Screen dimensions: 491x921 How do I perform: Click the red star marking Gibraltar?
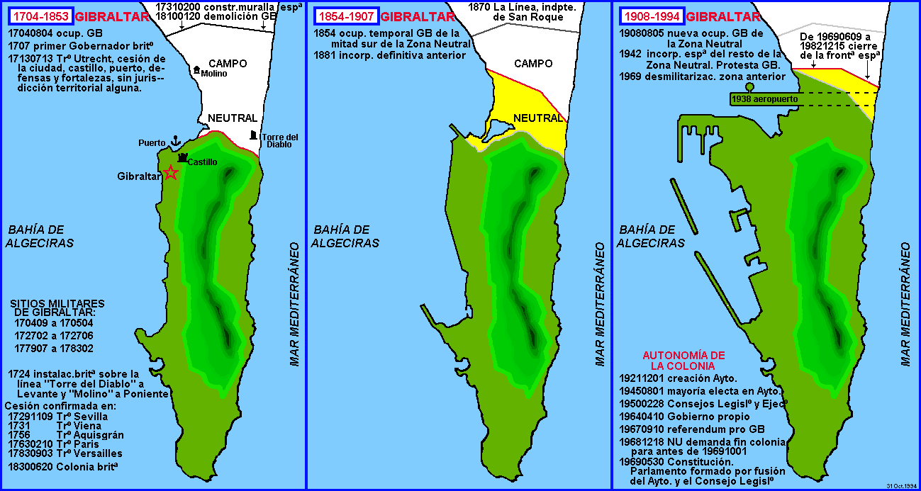point(171,172)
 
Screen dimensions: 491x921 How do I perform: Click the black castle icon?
point(183,157)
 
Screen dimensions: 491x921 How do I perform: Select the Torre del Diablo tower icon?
point(254,135)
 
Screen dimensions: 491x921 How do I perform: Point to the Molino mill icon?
point(196,69)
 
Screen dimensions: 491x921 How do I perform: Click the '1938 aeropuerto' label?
point(766,100)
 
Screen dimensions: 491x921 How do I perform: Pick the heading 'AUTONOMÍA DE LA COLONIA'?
point(683,361)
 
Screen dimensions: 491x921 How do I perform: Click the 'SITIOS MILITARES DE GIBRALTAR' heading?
point(58,308)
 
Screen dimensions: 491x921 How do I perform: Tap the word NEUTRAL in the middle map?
point(538,118)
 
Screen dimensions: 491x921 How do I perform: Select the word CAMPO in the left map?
point(228,64)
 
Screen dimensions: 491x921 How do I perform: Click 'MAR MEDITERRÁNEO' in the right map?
point(905,305)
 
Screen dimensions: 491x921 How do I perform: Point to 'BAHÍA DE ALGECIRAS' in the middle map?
point(346,237)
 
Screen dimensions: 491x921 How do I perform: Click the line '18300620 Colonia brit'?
point(63,467)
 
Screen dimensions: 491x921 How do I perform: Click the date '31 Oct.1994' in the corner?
point(901,486)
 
